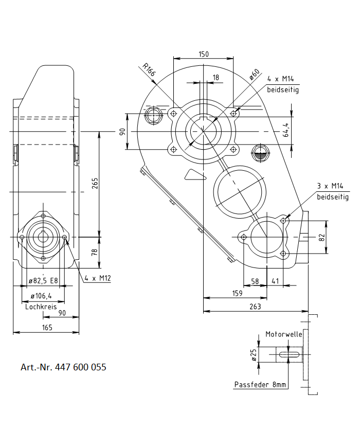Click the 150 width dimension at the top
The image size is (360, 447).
[204, 54]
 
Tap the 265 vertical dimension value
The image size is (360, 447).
[95, 184]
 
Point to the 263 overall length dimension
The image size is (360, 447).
[256, 307]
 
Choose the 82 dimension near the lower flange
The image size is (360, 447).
[322, 237]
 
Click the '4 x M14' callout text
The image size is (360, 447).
[281, 79]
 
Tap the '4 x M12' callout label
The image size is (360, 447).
[98, 278]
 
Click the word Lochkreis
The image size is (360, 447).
[41, 306]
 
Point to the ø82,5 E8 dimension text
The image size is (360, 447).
[43, 281]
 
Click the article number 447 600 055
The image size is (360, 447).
[63, 367]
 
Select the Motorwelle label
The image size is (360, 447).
[283, 334]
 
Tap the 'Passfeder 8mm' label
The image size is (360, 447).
[261, 385]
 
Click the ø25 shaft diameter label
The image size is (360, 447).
[254, 354]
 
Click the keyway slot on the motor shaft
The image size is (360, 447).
[289, 354]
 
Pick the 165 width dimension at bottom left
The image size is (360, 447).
[47, 327]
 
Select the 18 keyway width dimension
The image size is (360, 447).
[215, 77]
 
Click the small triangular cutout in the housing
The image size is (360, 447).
[194, 175]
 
